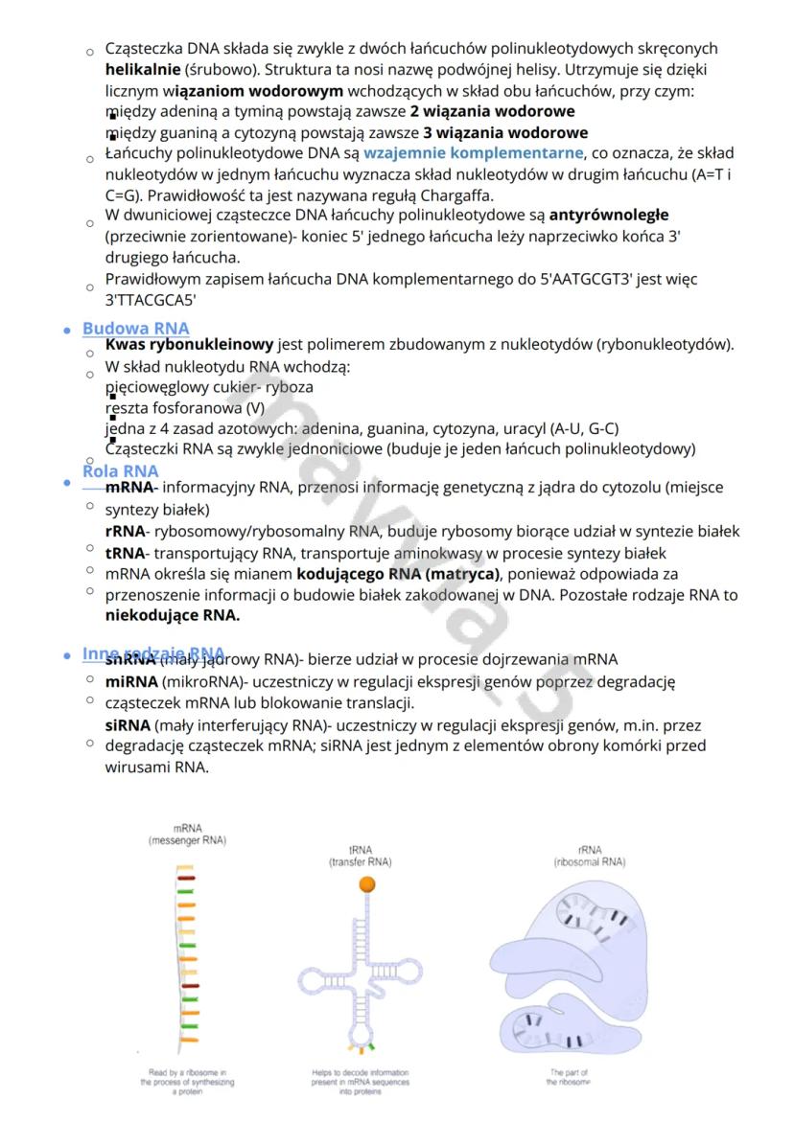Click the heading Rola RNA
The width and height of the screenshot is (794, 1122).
pos(120,470)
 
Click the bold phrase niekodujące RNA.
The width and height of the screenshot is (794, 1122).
pos(172,616)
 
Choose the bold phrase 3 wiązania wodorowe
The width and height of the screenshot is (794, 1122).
pos(505,132)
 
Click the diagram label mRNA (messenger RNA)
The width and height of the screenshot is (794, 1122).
pos(188,834)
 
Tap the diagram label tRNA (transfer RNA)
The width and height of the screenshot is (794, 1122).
pos(360,855)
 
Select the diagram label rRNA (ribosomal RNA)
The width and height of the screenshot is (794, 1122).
pos(589,855)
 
